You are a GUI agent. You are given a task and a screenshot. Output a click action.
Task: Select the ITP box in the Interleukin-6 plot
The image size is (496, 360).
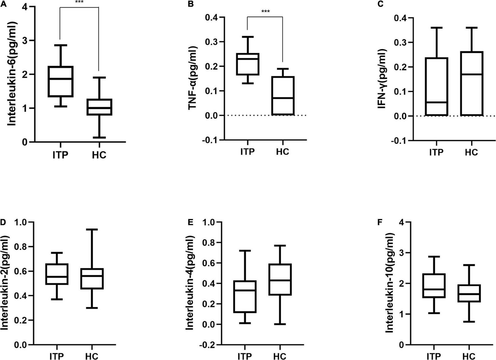tap(60, 82)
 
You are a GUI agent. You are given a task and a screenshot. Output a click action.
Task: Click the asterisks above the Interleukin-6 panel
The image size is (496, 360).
tap(79, 2)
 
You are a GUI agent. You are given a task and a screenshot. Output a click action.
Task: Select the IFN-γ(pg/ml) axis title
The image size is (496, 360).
tap(384, 79)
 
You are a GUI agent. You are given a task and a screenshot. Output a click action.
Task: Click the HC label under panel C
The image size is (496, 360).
tap(471, 152)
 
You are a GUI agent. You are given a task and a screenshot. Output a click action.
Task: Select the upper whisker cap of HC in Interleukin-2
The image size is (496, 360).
tap(92, 229)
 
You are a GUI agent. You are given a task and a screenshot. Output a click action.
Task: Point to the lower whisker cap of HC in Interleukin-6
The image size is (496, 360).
tap(99, 137)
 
